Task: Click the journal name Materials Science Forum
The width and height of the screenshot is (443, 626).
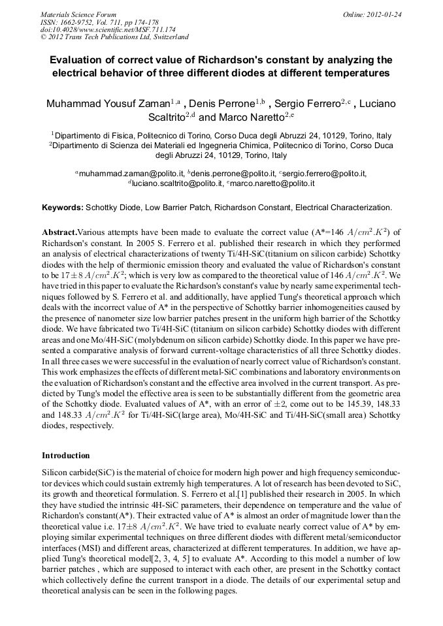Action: [x=78, y=14]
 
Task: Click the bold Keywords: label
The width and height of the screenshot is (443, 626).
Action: [x=63, y=208]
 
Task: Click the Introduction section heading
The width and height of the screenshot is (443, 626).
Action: [x=65, y=455]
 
